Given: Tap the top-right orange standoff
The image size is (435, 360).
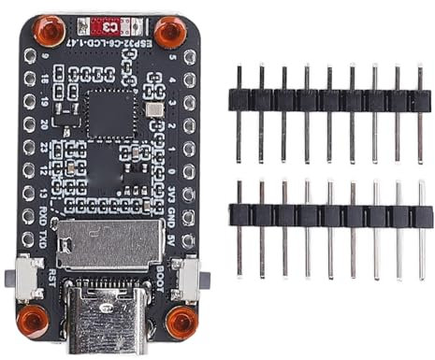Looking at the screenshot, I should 168,33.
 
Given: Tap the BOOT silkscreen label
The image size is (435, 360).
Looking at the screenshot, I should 175,279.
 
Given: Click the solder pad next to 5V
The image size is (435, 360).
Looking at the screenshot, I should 190,237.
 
